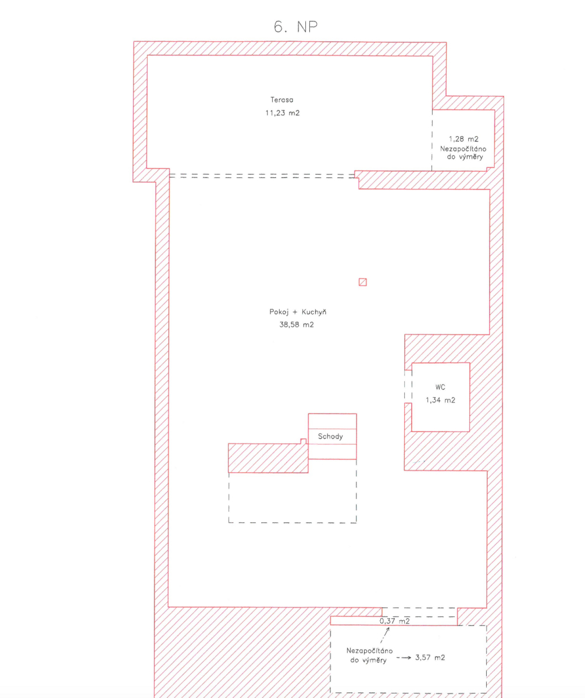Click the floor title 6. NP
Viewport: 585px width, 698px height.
[295, 27]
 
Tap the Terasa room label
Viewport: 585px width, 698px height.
[282, 99]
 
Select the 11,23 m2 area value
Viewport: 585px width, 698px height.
[283, 113]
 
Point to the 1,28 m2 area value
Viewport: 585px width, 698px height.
[463, 139]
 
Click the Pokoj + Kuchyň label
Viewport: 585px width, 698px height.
[298, 312]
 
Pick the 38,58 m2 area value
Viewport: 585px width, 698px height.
[297, 325]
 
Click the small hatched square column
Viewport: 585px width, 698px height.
[362, 282]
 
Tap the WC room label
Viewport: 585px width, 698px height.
[440, 387]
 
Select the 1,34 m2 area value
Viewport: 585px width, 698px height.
[440, 400]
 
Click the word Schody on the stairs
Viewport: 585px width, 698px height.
[330, 436]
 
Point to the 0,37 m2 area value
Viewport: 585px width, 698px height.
[394, 621]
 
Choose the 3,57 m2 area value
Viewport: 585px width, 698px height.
[430, 657]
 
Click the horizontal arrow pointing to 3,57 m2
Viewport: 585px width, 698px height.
[404, 658]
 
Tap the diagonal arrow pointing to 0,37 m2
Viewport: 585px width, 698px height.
[385, 635]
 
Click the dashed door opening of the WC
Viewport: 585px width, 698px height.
[408, 387]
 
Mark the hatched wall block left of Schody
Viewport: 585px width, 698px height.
[268, 458]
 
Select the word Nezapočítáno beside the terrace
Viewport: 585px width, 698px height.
[463, 149]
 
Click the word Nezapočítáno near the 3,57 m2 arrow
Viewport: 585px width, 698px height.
[369, 650]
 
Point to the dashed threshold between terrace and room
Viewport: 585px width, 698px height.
[262, 176]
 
